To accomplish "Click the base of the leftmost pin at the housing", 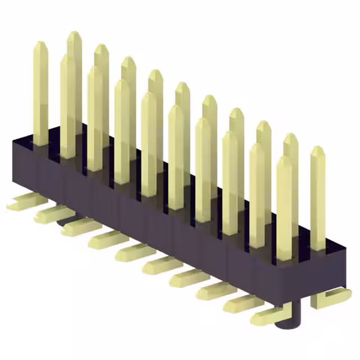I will tap(40, 142).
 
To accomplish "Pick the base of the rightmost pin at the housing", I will tap(318, 246).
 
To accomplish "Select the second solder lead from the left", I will tap(51, 214).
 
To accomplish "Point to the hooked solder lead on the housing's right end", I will tap(332, 296).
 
